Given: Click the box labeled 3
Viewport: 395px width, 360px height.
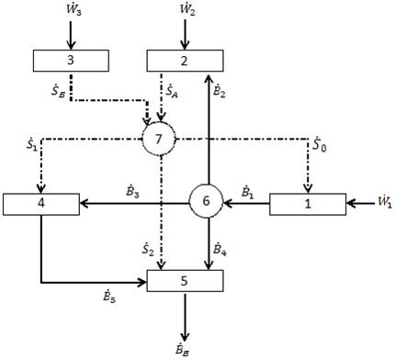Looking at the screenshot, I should (x=70, y=61).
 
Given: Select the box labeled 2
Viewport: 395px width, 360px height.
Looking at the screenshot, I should (x=185, y=61).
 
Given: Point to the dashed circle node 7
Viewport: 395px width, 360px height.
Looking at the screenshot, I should (x=160, y=141).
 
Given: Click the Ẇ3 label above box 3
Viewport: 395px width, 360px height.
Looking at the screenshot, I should (x=70, y=12).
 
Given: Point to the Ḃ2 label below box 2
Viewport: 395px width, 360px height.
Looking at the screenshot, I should (x=220, y=88).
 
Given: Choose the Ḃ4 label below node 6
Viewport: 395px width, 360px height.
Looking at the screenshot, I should (x=220, y=248).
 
